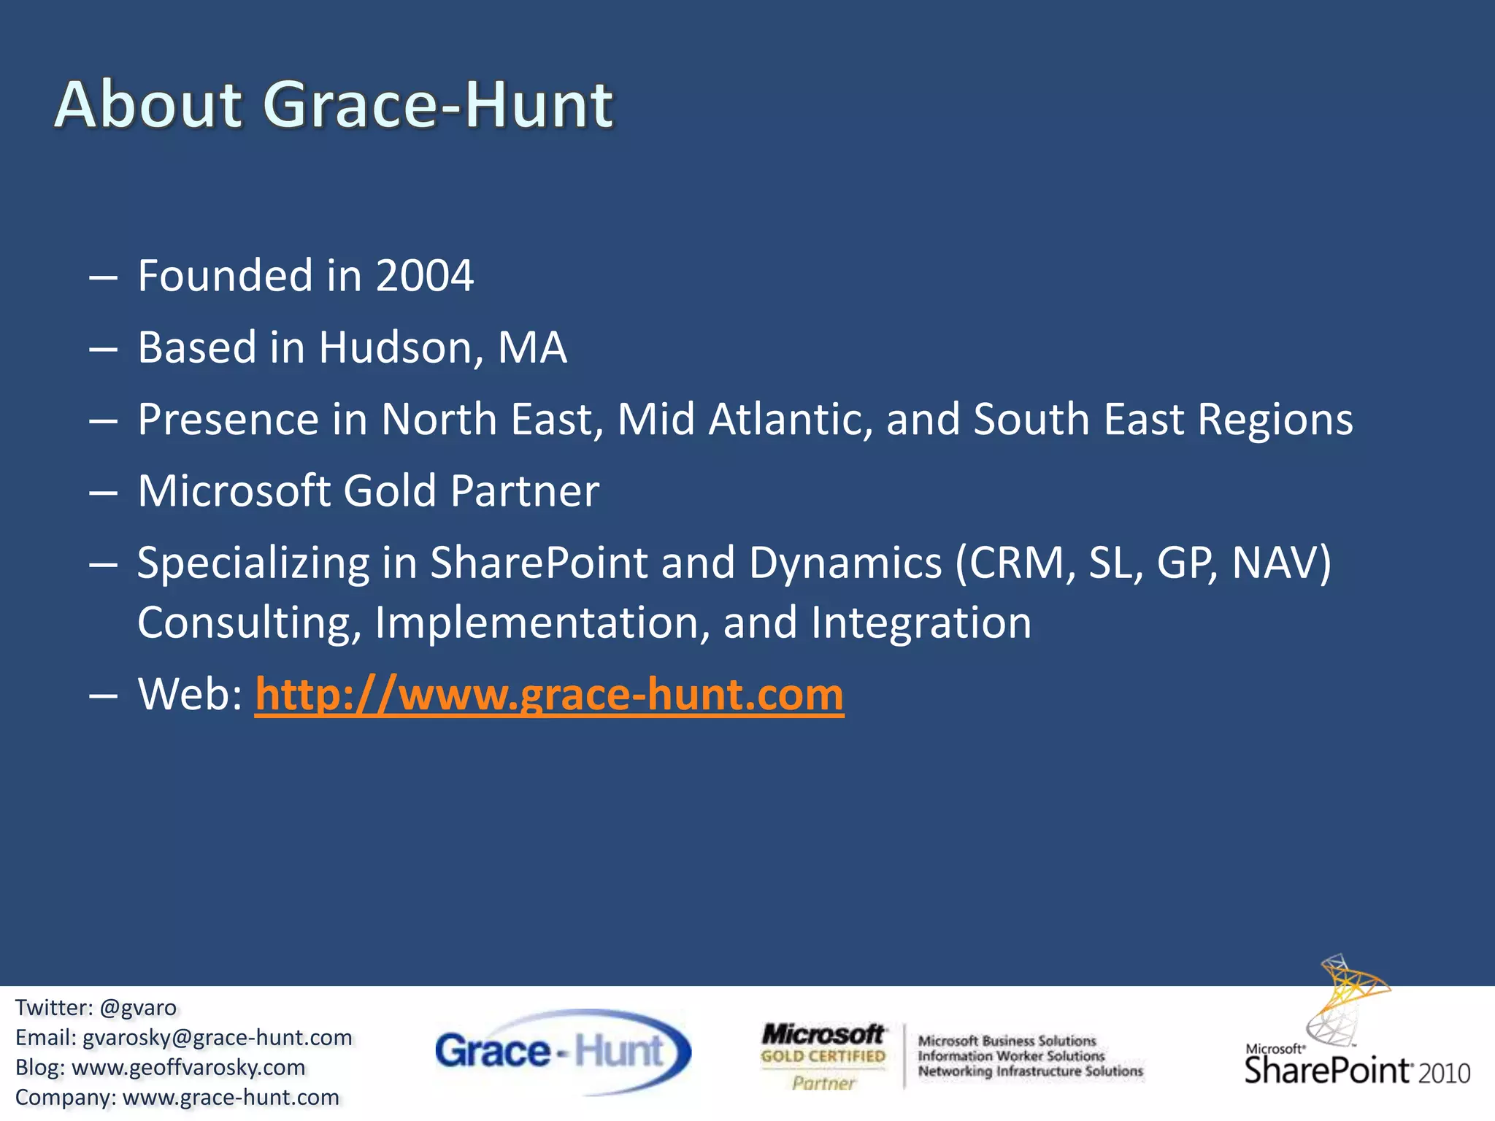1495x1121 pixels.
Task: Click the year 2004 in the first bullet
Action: point(425,276)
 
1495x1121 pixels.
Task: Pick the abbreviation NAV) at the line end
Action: point(1281,563)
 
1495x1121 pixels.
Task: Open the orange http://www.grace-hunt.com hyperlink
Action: point(549,694)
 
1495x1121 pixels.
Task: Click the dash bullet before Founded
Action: point(103,277)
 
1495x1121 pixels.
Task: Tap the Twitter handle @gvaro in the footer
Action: point(138,1008)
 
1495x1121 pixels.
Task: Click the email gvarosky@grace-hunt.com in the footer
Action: point(217,1038)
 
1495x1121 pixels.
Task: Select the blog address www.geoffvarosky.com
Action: point(188,1068)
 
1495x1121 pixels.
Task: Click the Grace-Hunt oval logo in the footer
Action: point(563,1051)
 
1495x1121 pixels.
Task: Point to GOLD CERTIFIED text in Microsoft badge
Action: point(823,1056)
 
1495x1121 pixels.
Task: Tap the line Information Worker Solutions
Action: point(1011,1056)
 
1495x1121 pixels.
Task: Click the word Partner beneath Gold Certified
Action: point(823,1083)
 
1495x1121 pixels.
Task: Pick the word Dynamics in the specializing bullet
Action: point(845,563)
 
